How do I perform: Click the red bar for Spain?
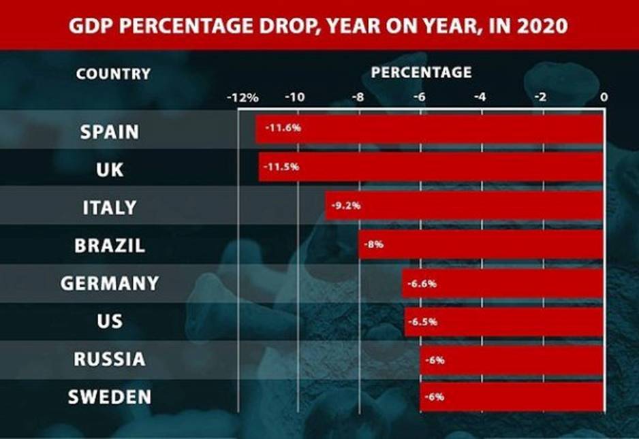pos(429,129)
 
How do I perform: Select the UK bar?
pos(431,167)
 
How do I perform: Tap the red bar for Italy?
pos(464,206)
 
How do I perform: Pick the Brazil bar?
pos(481,244)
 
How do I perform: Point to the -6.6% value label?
pos(422,283)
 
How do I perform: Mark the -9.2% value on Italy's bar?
pos(346,205)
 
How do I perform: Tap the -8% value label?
pos(375,244)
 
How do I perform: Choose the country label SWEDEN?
pos(110,397)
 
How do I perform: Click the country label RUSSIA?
pos(110,359)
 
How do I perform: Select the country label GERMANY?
pos(110,283)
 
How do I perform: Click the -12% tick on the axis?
pos(243,97)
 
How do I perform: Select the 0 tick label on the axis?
pos(604,97)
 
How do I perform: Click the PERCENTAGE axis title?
pos(422,71)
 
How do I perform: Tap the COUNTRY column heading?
pos(113,74)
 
